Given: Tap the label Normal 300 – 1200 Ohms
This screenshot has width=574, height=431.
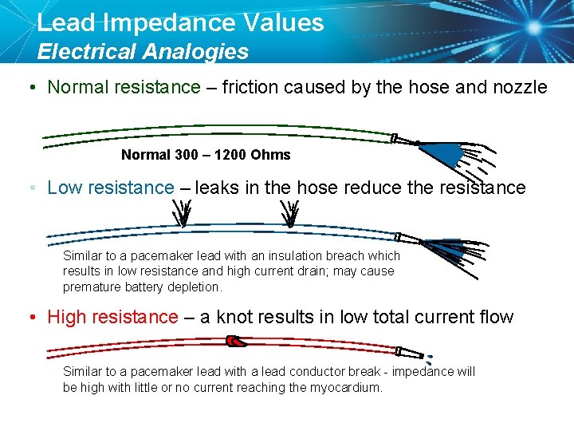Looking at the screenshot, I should [x=206, y=155].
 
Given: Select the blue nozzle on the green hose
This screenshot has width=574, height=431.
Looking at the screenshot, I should [x=443, y=152].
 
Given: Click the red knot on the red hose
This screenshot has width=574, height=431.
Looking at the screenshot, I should [x=236, y=342].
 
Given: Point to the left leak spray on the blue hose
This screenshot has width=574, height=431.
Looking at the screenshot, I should [x=184, y=214].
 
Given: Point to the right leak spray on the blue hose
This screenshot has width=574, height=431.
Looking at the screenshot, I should [x=291, y=214].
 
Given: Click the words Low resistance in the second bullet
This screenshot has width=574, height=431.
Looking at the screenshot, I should [x=110, y=188].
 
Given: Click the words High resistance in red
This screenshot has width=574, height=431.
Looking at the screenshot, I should [x=112, y=318].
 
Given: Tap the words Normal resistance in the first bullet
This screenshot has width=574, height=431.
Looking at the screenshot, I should [x=124, y=87].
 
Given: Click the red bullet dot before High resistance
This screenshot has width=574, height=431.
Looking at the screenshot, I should [x=30, y=318].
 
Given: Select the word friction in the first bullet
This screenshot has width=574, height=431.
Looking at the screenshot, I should [x=247, y=87].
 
